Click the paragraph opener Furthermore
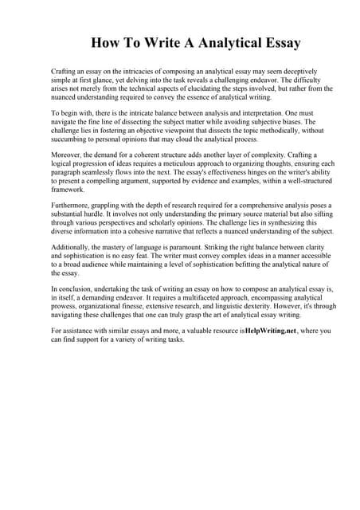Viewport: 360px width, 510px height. pyautogui.click(x=72, y=205)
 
